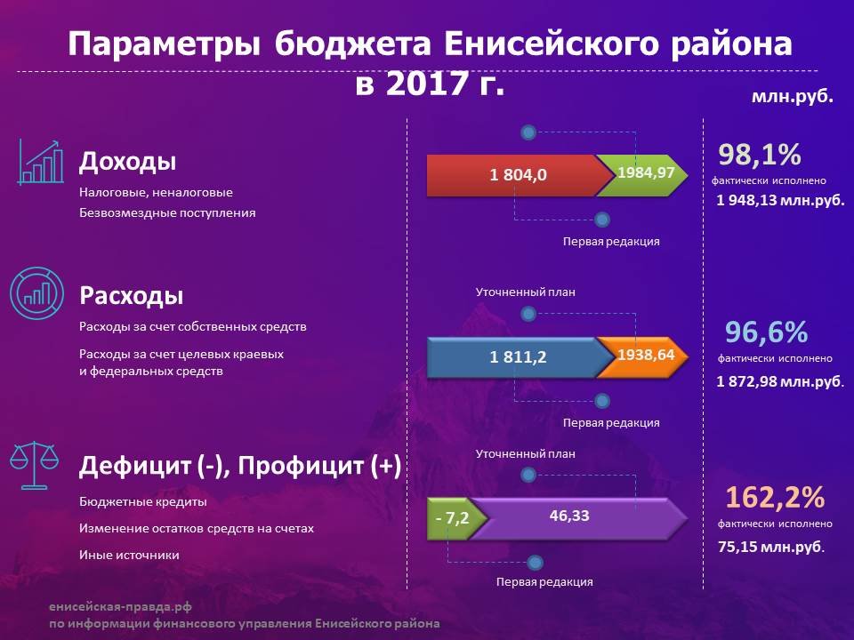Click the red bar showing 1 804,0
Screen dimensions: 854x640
(518, 175)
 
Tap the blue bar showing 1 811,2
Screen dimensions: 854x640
(518, 357)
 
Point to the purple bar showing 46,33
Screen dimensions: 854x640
(577, 518)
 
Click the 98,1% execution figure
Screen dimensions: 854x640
(759, 155)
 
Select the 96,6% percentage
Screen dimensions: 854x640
(766, 332)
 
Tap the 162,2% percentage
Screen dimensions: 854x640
(775, 498)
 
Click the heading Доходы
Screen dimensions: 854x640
(128, 161)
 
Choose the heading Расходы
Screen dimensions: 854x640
(132, 295)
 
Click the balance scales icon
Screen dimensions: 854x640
(35, 465)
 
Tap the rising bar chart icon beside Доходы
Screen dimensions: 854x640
(40, 162)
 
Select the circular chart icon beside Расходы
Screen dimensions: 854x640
(37, 293)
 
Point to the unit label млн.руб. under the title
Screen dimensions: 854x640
(792, 96)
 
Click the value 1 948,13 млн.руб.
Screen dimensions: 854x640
(780, 200)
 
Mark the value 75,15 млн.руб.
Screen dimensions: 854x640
(771, 547)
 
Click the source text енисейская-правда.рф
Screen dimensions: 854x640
(120, 607)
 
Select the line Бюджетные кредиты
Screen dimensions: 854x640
(143, 501)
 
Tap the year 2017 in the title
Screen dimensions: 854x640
(428, 84)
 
